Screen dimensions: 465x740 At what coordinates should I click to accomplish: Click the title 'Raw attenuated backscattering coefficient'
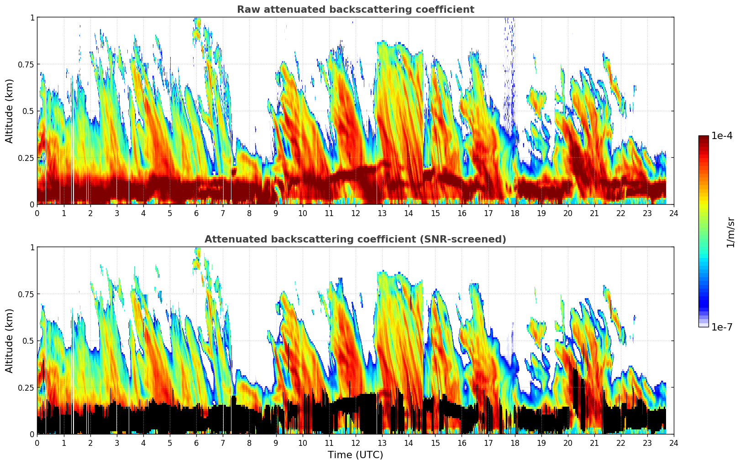point(355,10)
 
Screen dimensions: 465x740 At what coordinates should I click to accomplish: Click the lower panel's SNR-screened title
point(355,239)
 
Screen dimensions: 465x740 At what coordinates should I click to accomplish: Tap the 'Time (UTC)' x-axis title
point(355,455)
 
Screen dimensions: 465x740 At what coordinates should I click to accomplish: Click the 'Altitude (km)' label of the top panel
point(10,111)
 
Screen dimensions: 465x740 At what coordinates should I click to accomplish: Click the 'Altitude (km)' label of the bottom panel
point(10,341)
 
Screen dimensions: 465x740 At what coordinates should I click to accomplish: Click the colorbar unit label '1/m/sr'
point(730,232)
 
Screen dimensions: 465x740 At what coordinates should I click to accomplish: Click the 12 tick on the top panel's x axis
point(355,213)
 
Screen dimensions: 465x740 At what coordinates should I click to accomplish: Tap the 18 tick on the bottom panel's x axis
point(514,443)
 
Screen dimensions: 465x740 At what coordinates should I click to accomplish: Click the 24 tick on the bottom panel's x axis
point(674,443)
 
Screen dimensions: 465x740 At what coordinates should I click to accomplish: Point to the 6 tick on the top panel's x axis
point(196,213)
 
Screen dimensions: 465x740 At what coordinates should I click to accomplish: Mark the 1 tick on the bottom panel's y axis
point(32,248)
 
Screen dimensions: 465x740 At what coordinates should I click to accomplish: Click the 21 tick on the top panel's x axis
point(594,213)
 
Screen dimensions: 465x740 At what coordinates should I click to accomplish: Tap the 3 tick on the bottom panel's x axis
point(117,443)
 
